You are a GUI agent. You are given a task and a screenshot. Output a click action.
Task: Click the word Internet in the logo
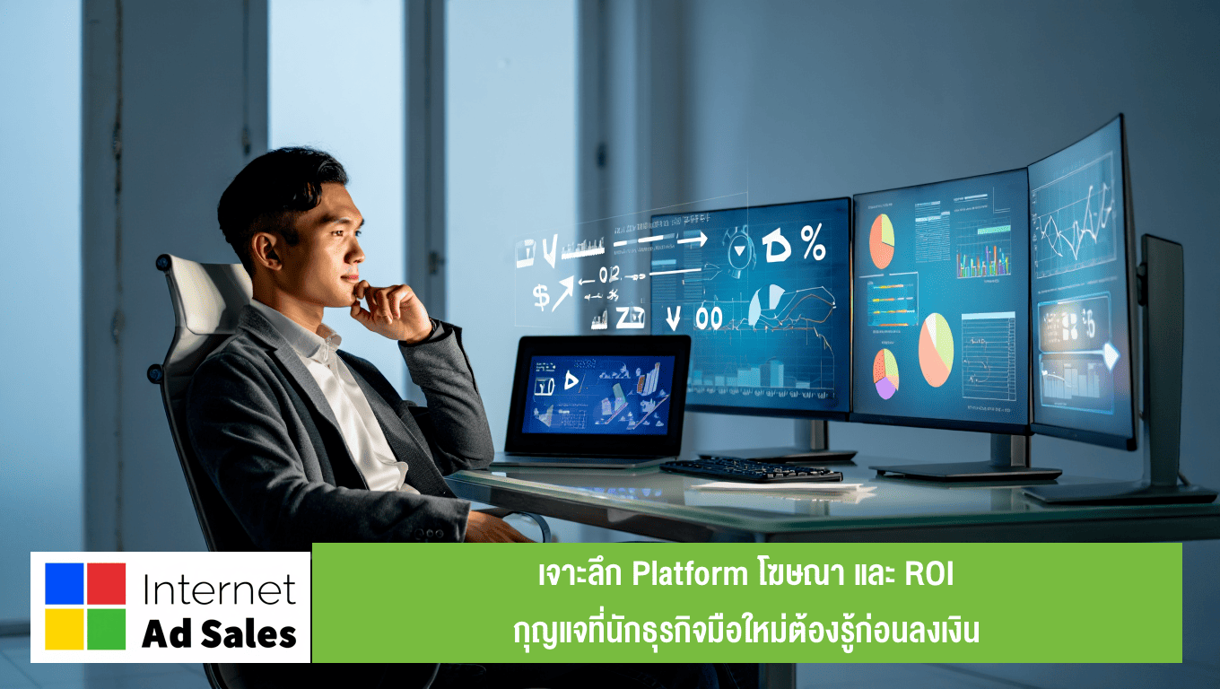tap(219, 589)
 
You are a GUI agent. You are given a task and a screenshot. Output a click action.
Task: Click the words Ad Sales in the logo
tap(219, 634)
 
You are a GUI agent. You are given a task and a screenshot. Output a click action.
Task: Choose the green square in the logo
tap(106, 629)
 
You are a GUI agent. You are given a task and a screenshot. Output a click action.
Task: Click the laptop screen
tap(597, 394)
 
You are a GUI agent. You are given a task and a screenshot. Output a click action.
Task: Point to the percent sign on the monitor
tap(813, 245)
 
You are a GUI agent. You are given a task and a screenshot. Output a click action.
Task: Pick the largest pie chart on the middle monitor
tap(936, 350)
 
